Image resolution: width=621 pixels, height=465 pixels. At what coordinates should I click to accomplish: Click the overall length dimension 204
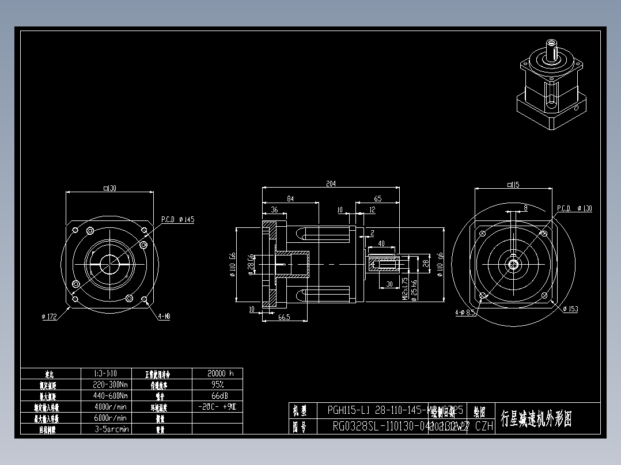click(331, 184)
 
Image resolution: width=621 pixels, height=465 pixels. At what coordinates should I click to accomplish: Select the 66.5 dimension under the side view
click(283, 317)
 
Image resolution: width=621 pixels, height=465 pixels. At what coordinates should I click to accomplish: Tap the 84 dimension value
click(290, 199)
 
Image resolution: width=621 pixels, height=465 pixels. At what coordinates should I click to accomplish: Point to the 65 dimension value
click(377, 199)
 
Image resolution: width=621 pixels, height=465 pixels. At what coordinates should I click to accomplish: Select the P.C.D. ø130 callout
click(574, 208)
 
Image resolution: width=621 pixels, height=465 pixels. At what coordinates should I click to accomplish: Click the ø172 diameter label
click(51, 316)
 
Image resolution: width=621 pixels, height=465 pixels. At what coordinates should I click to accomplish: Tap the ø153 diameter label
click(570, 309)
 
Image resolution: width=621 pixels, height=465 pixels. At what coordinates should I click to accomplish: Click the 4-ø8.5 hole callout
click(465, 312)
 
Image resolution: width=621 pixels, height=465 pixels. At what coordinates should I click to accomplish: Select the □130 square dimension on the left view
click(109, 188)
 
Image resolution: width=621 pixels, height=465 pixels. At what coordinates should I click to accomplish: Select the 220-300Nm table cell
click(111, 384)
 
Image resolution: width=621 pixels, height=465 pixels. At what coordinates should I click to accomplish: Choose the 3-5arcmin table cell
click(111, 429)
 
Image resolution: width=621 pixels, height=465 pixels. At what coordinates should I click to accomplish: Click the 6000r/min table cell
click(111, 418)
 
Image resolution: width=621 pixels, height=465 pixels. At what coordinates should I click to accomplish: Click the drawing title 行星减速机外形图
click(536, 418)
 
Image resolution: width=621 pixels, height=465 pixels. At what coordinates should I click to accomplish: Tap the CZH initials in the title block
click(484, 426)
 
